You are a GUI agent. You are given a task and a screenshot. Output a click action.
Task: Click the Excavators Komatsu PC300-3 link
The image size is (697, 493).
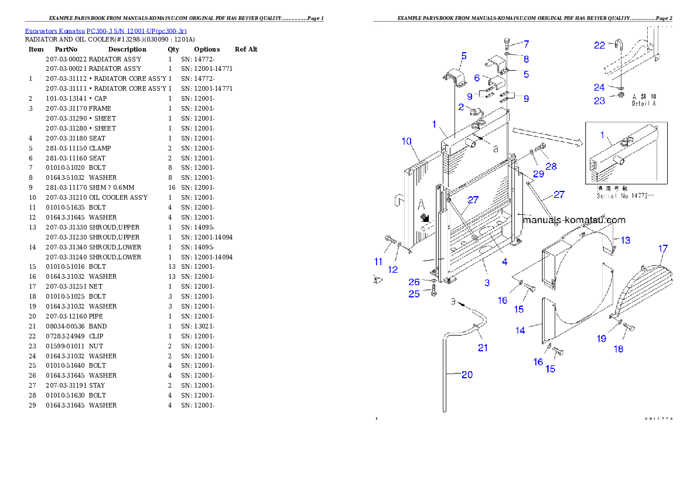pos(105,31)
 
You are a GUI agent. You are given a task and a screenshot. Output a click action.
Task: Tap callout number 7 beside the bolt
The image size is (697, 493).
pos(526,44)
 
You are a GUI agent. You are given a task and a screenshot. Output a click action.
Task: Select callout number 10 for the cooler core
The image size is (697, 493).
pos(406,141)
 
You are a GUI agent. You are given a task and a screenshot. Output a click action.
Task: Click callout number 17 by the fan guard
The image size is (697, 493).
pos(662,249)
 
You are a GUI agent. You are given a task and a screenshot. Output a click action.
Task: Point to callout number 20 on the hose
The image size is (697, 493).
pos(467,375)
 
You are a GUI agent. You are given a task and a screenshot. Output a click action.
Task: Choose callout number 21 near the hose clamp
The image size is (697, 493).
pos(483,348)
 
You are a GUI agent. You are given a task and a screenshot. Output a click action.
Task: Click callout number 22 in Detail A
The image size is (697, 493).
pos(599,45)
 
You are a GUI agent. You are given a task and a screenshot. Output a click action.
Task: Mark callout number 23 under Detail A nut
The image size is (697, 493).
pos(599,101)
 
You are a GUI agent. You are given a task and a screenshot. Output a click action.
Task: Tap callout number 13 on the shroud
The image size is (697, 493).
pos(626,240)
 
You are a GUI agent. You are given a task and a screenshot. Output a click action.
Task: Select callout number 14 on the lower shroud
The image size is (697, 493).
pos(520,330)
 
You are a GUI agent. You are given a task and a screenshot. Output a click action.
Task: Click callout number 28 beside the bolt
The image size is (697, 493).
pos(551,166)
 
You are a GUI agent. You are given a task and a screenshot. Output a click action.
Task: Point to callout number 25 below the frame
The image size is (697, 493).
pos(414,294)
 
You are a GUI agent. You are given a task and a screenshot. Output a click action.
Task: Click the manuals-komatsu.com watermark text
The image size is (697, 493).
pos(574,220)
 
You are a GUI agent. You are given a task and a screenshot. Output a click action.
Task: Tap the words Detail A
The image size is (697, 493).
pos(644,104)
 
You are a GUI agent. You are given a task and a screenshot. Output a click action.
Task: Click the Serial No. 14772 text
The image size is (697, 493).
pos(624,196)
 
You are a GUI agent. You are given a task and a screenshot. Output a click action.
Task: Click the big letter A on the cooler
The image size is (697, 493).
pos(421,204)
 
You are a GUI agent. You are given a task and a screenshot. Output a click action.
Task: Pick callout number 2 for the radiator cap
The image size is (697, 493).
pos(461,107)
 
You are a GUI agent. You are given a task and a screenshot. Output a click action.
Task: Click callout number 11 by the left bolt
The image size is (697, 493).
pos(378,261)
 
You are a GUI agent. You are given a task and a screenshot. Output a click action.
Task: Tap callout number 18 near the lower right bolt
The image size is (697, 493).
pos(618,349)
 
